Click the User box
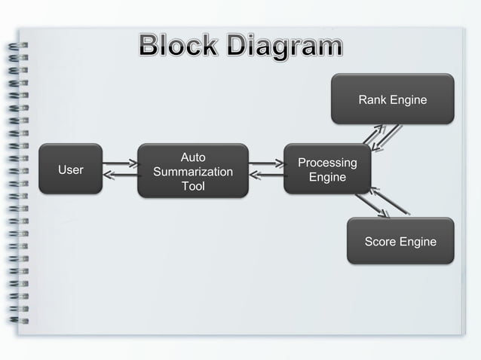[x=71, y=169]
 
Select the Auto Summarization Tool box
[x=192, y=171]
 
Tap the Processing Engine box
[x=327, y=170]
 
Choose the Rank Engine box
[x=392, y=99]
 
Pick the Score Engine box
[x=400, y=242]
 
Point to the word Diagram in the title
[x=283, y=47]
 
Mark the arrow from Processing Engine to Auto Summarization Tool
[x=265, y=177]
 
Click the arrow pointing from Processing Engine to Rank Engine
[x=374, y=134]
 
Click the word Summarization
[x=192, y=172]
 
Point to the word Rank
[x=372, y=99]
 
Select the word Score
[x=381, y=242]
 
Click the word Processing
[x=327, y=163]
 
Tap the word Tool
[x=192, y=185]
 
